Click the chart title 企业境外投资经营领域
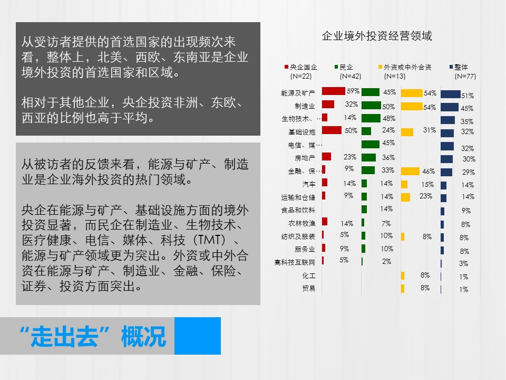[x=376, y=35]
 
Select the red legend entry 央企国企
[x=300, y=71]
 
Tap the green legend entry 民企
[x=348, y=71]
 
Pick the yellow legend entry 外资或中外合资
[x=405, y=71]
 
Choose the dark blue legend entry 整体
[x=462, y=71]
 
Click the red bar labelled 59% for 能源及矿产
[x=333, y=91]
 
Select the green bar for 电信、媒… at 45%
[x=370, y=144]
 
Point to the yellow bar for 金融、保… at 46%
[x=410, y=171]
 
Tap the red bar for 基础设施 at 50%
[x=332, y=130]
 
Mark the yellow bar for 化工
[x=403, y=275]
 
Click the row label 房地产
[x=305, y=158]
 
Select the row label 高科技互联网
[x=295, y=262]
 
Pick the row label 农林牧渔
[x=301, y=223]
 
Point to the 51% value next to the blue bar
[x=468, y=96]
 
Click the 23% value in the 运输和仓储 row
[x=426, y=196]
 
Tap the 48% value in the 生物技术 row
[x=389, y=118]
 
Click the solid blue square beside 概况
[x=198, y=336]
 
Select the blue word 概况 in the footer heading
[x=143, y=336]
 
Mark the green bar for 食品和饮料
[x=364, y=210]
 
